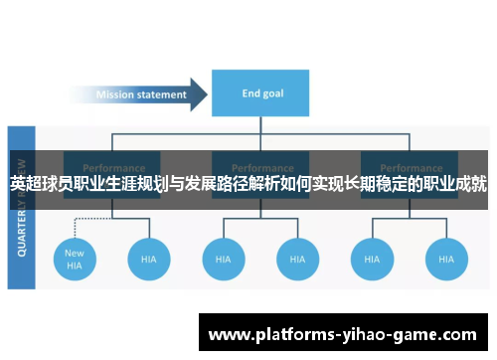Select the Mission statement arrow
149,95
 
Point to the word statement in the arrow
162,95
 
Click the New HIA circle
75,259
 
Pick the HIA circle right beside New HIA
149,259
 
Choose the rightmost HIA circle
446,259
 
